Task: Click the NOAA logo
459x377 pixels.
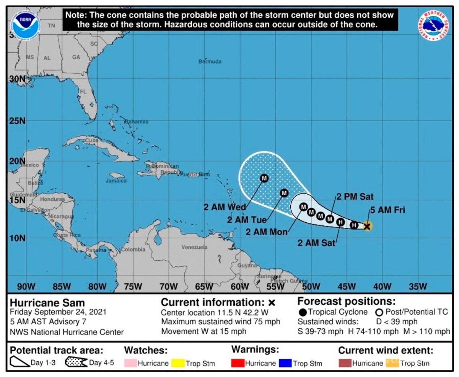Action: point(26,24)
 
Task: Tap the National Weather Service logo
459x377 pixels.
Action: point(434,24)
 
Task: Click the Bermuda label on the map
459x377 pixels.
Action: point(210,62)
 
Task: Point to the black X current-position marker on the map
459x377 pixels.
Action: point(367,226)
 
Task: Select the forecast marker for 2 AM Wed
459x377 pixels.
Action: point(264,178)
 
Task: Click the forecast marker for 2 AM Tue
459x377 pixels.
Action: point(284,193)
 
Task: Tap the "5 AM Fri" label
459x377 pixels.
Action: point(387,210)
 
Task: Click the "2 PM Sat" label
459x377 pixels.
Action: point(355,197)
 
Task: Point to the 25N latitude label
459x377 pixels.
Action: point(17,121)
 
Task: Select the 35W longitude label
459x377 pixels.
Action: point(418,286)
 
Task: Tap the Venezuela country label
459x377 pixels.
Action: point(194,247)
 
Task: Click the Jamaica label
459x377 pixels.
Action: point(116,181)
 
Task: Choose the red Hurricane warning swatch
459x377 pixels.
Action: point(238,363)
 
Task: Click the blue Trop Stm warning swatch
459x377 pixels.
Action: point(286,363)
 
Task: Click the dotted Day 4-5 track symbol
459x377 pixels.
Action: point(76,362)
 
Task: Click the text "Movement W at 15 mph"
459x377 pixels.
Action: point(203,331)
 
